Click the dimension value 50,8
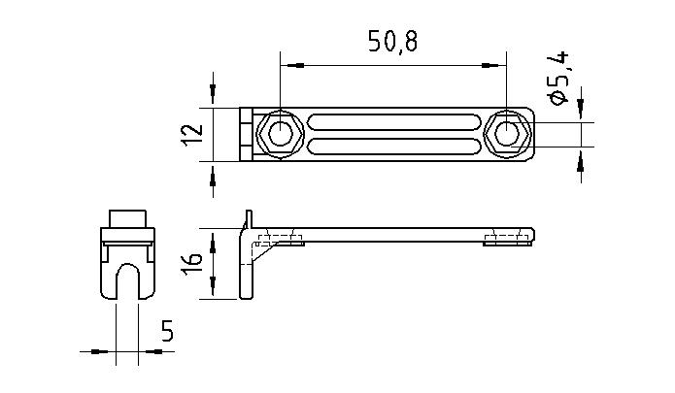click(x=393, y=43)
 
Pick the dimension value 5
click(x=166, y=333)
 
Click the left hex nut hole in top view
click(x=281, y=134)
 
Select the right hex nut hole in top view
click(x=507, y=134)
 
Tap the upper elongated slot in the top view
click(x=393, y=123)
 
